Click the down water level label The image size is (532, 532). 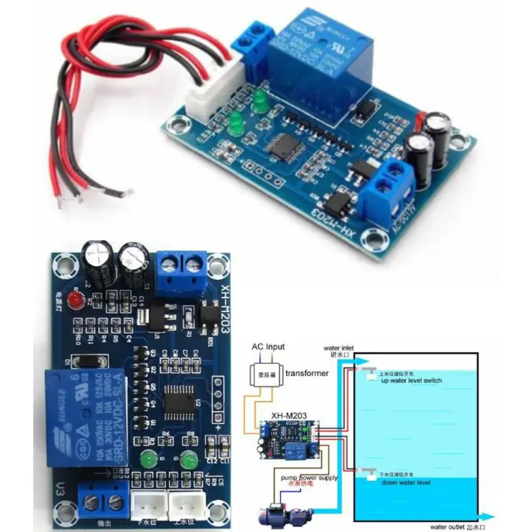tap(405, 482)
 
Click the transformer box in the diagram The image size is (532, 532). tap(262, 373)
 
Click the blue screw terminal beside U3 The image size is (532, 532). tap(104, 503)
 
